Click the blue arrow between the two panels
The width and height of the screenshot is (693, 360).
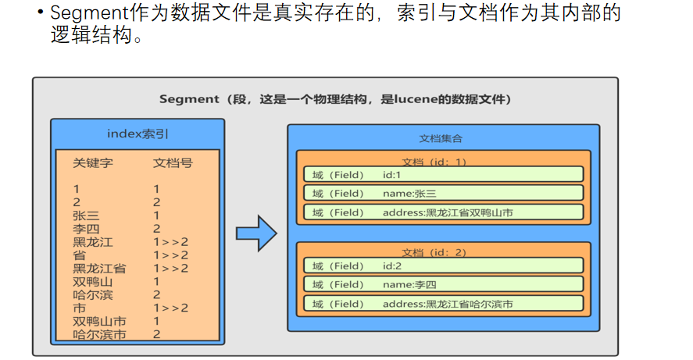(x=256, y=233)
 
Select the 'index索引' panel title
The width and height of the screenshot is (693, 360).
(x=138, y=134)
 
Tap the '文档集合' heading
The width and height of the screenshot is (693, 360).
(x=441, y=138)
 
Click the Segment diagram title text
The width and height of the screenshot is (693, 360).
(x=335, y=99)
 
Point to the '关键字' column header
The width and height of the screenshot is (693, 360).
(x=93, y=163)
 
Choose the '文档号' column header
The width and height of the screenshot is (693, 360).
(x=173, y=163)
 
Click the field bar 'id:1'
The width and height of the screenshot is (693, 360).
(x=443, y=174)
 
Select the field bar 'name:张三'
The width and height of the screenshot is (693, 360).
(x=443, y=193)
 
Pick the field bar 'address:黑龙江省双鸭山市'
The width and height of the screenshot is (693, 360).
(x=443, y=212)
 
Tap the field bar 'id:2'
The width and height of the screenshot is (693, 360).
(x=443, y=266)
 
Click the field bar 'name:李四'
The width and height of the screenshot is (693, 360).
(x=443, y=285)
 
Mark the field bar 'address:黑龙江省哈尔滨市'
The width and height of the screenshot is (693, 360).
(x=443, y=304)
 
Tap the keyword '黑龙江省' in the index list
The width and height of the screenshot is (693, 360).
(x=99, y=268)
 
